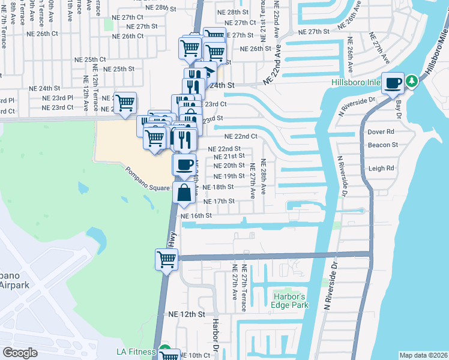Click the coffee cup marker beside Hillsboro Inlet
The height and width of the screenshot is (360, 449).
393,83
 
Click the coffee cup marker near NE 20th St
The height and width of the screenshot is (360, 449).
184,164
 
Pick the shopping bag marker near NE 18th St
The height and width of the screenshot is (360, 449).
184,193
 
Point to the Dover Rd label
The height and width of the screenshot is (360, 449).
381,131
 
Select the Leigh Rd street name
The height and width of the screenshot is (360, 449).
381,169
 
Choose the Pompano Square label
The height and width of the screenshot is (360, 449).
148,179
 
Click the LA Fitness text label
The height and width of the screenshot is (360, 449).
137,352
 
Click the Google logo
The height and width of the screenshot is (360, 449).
20,353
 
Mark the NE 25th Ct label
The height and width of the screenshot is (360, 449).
90,59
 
